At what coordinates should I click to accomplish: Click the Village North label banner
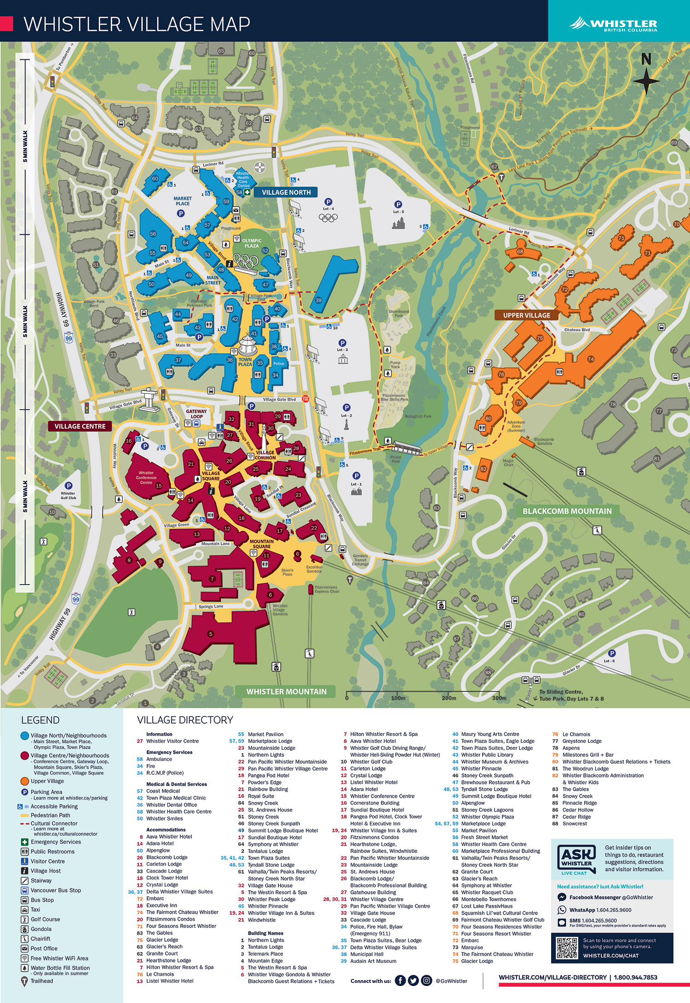[286, 192]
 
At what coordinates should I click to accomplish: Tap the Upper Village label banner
[526, 315]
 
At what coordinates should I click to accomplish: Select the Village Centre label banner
[80, 426]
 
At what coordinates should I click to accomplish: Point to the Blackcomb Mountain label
[567, 511]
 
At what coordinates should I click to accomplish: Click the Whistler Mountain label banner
[286, 691]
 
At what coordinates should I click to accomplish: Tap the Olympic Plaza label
[252, 243]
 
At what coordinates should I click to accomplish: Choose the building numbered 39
[318, 300]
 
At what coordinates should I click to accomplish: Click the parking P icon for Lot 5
[398, 204]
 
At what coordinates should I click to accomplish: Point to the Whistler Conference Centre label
[146, 477]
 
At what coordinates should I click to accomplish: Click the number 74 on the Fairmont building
[591, 359]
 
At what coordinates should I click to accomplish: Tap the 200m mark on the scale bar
[448, 698]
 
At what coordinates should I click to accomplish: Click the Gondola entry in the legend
[41, 929]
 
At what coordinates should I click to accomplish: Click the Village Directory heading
[185, 720]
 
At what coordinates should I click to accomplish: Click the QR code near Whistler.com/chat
[567, 948]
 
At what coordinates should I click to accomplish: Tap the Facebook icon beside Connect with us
[400, 980]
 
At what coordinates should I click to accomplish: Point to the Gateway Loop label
[196, 414]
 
